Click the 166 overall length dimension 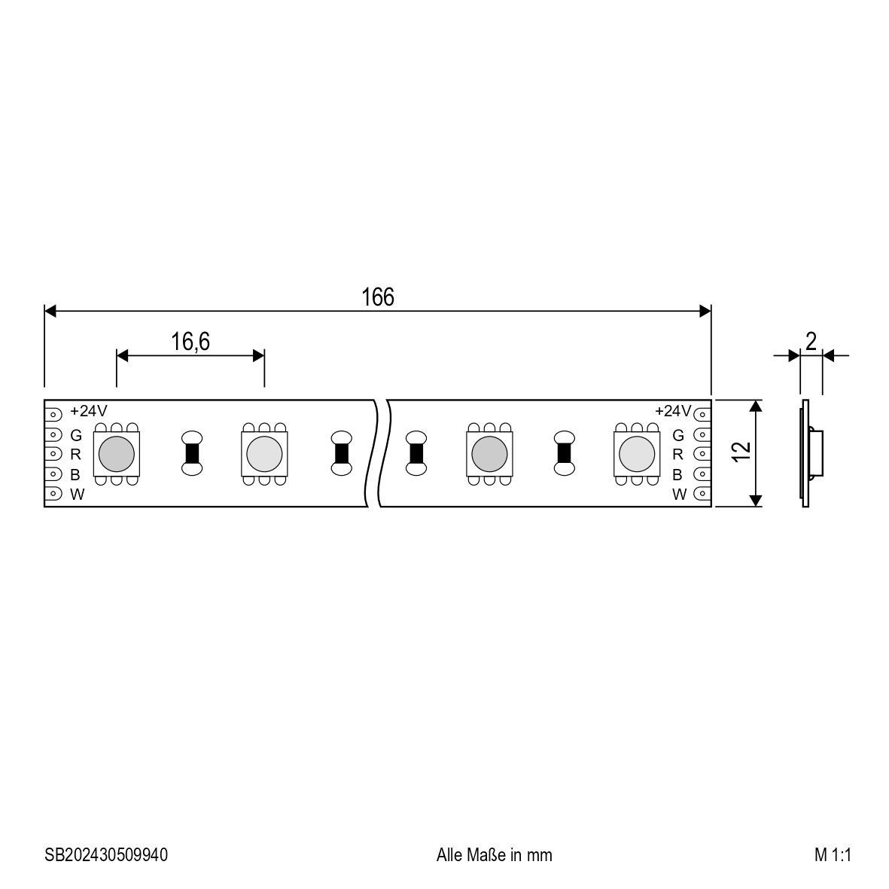377,297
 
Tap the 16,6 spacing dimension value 190,342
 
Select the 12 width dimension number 741,452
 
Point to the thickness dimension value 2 811,342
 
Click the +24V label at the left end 89,411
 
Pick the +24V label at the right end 672,411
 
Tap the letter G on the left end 76,435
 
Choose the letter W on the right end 679,495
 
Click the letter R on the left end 76,454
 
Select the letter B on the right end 677,474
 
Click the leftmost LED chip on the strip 117,452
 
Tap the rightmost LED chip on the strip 637,452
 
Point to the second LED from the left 263,452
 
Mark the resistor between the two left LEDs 192,452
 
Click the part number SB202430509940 106,855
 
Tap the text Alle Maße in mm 494,855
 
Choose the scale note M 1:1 832,855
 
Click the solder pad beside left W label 54,494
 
